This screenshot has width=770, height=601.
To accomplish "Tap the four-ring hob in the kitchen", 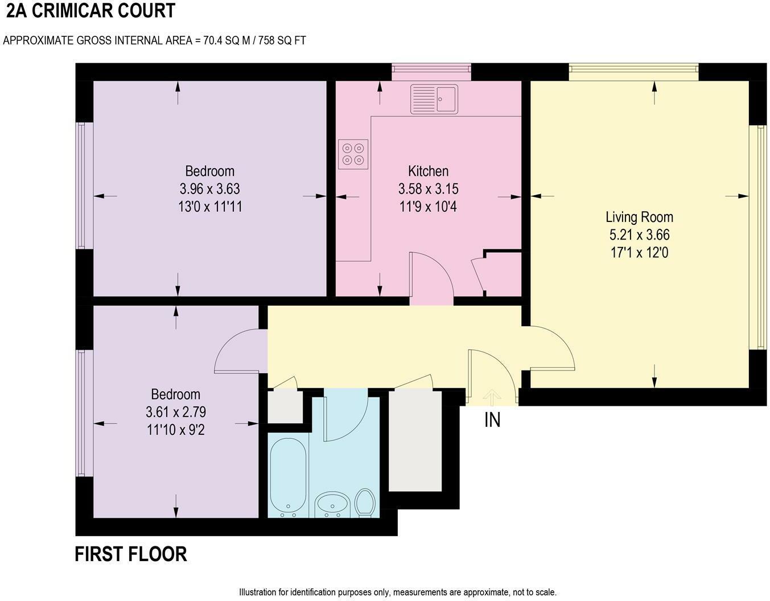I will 353,154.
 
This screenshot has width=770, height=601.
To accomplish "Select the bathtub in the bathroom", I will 288,476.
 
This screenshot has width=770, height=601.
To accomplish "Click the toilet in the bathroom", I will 364,503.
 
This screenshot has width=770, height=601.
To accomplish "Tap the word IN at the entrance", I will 492,420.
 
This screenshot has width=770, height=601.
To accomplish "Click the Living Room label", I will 639,217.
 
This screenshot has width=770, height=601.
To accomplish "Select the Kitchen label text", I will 428,171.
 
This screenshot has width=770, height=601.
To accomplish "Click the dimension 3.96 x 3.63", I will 209,188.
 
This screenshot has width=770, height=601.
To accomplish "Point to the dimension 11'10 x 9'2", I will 175,429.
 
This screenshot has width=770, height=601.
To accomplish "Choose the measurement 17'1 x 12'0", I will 639,252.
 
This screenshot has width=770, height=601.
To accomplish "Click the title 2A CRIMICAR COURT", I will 90,11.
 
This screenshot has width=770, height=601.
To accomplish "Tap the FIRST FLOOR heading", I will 131,554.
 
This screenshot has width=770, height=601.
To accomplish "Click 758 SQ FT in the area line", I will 283,40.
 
